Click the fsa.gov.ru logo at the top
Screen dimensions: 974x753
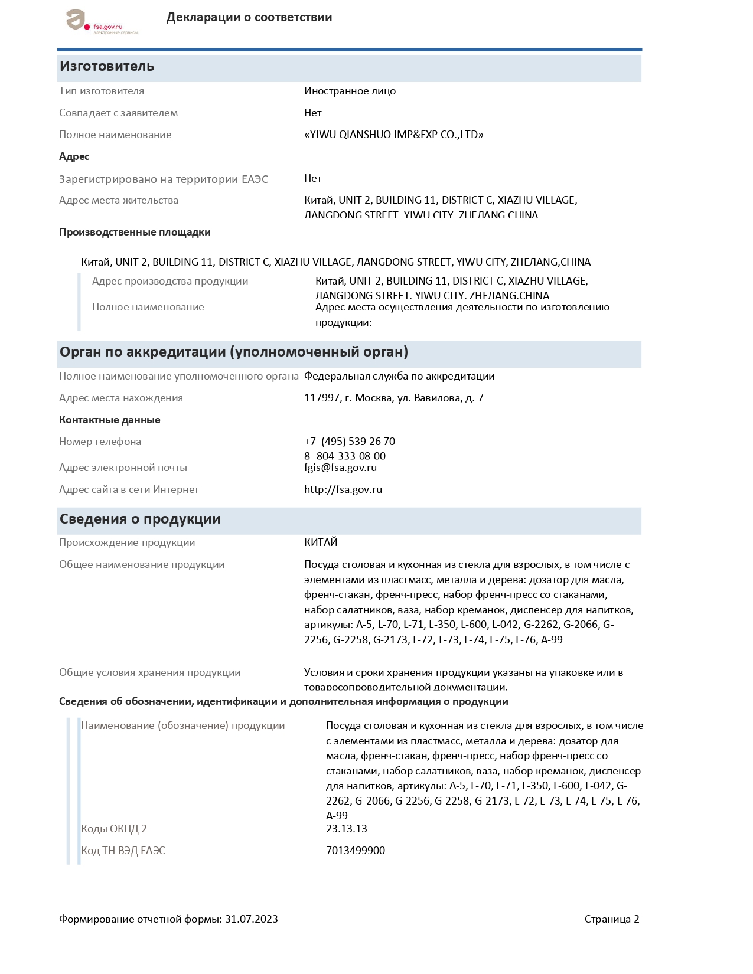pos(100,22)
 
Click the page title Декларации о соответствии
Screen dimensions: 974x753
pos(249,17)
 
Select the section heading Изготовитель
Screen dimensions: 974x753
pos(107,66)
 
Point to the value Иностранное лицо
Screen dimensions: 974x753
pos(350,91)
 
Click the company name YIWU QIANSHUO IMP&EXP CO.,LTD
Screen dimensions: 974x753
pos(393,135)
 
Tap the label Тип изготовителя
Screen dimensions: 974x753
pos(102,91)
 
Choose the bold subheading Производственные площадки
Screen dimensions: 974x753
pos(135,232)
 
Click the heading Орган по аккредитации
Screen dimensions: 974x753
pos(233,352)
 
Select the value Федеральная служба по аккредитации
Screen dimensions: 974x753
pos(399,376)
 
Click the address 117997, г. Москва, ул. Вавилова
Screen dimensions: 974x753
pos(393,398)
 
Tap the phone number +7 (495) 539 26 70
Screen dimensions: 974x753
pos(350,442)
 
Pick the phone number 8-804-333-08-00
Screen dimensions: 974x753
pos(345,456)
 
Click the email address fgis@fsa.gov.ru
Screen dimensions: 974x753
pos(340,468)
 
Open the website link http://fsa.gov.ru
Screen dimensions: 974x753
pos(343,489)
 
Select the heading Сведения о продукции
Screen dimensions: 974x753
pos(140,519)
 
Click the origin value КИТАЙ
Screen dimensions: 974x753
pos(321,542)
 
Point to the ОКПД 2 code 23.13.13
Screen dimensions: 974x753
pos(347,829)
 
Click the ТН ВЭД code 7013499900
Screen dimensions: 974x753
pos(356,851)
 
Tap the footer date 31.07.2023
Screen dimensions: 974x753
pos(251,919)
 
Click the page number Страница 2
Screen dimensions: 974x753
pos(612,919)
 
